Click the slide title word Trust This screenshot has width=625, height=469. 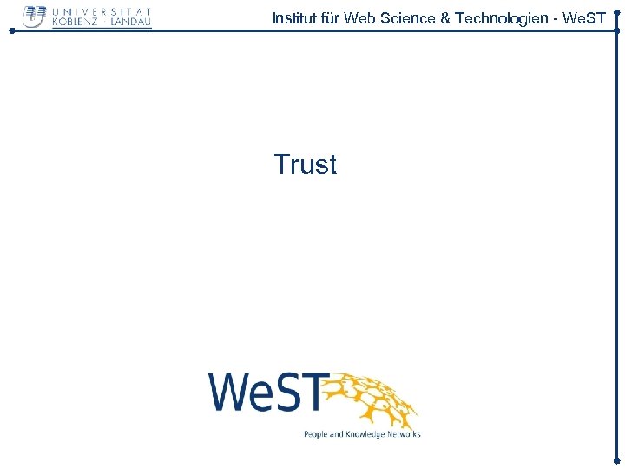[x=305, y=164]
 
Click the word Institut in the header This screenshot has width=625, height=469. [x=293, y=17]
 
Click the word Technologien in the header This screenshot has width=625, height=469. [x=494, y=17]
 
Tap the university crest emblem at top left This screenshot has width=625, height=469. [x=35, y=17]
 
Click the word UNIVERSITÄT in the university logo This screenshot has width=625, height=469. [x=102, y=10]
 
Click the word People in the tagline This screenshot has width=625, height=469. [x=317, y=434]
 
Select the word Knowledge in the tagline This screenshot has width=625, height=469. [x=365, y=434]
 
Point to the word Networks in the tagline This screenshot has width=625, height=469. [x=404, y=434]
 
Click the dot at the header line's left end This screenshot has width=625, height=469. [x=11, y=30]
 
